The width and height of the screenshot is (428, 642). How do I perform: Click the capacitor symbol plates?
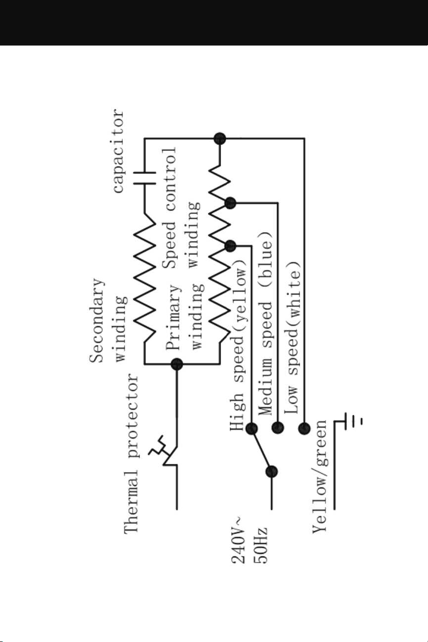[144, 178]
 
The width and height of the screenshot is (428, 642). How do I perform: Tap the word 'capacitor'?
[118, 151]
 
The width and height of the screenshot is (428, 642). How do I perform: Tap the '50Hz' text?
[260, 545]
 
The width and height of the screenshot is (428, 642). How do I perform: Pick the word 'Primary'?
[173, 317]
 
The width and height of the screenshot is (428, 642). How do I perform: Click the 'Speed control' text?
[169, 208]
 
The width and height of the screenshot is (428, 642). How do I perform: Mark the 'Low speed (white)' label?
[292, 338]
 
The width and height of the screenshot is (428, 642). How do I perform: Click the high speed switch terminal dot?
[251, 429]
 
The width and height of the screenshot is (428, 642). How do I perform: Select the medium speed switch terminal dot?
[278, 428]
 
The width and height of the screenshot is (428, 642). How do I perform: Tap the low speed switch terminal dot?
[304, 429]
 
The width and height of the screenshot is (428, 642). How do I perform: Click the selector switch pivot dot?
[272, 472]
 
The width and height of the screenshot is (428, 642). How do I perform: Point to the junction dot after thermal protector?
[177, 364]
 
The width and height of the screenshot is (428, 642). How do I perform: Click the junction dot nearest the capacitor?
[220, 139]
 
